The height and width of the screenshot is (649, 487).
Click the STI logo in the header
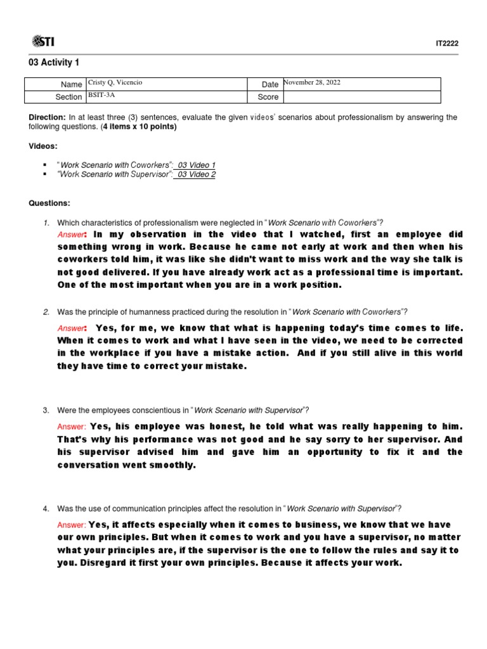coord(42,42)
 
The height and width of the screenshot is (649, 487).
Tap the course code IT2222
coord(446,43)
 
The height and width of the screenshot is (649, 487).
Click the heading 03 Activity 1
coord(54,62)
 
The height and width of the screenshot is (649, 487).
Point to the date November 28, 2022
coord(311,82)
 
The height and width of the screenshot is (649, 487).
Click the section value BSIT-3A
coord(101,95)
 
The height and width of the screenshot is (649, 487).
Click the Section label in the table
coord(68,97)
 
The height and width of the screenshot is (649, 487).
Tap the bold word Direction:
coord(47,118)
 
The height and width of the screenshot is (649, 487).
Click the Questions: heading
coord(49,203)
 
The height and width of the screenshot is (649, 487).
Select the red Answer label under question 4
coord(71,525)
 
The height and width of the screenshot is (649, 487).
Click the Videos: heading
coord(43,146)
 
